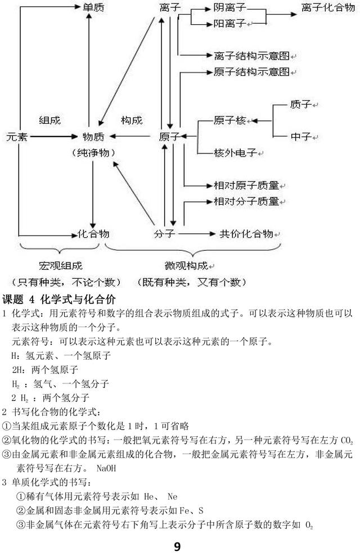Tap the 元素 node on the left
[17, 137]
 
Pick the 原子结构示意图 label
[251, 72]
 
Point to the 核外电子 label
[235, 152]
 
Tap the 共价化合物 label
[246, 234]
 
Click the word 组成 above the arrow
[49, 120]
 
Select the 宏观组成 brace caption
[60, 265]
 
